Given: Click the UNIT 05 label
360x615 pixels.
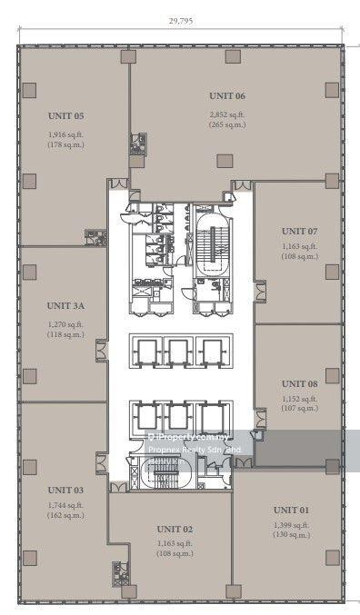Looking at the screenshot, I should [x=66, y=116].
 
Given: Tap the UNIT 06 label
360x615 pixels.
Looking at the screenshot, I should [x=227, y=95].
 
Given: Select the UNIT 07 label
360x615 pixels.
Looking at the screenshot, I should [x=299, y=231].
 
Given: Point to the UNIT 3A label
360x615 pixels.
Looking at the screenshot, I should [x=66, y=308].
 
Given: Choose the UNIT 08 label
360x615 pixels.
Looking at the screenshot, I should [x=299, y=383].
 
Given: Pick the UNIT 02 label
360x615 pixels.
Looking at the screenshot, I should [x=175, y=528].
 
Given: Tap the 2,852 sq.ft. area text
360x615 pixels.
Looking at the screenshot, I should [x=227, y=115].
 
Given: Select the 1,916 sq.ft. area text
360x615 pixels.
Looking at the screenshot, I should [x=66, y=135].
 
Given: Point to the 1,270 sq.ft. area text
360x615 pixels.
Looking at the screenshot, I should [x=66, y=324].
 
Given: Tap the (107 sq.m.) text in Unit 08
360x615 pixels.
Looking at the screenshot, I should [x=299, y=408].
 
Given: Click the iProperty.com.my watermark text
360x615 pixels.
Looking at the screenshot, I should [x=190, y=436].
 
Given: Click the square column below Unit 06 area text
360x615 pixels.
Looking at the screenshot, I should [x=223, y=161].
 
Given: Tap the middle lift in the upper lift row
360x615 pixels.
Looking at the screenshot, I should [x=177, y=352].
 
